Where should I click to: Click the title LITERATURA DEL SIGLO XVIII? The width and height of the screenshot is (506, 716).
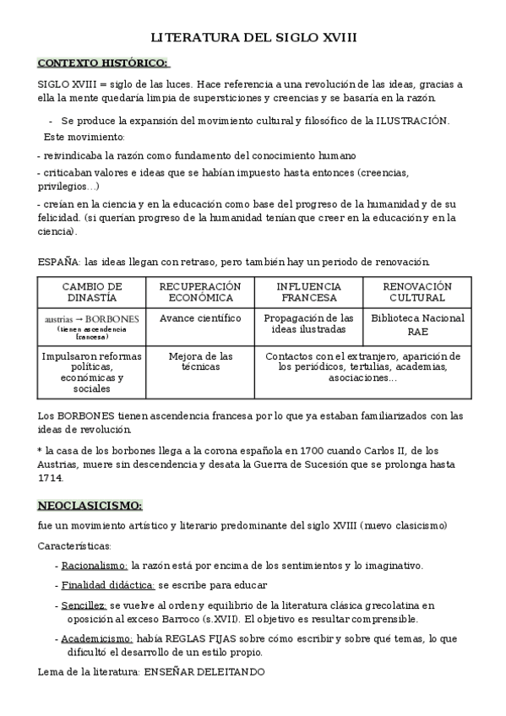coord(253,38)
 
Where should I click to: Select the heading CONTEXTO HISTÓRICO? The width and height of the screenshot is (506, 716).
coord(103,62)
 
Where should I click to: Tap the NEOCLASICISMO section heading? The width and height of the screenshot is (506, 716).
coord(90,505)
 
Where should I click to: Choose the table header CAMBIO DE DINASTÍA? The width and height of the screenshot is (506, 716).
coord(92,292)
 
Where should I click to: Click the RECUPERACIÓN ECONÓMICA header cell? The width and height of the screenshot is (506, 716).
coord(200,292)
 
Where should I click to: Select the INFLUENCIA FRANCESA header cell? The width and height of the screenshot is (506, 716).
coord(308,292)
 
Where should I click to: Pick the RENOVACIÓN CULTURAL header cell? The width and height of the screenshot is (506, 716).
coord(417,292)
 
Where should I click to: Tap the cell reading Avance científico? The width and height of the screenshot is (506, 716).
coord(200,318)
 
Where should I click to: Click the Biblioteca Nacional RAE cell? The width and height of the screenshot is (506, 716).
coord(417,325)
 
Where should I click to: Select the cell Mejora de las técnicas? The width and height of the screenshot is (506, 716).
coord(200,362)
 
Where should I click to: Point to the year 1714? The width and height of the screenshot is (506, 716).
coord(50,478)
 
